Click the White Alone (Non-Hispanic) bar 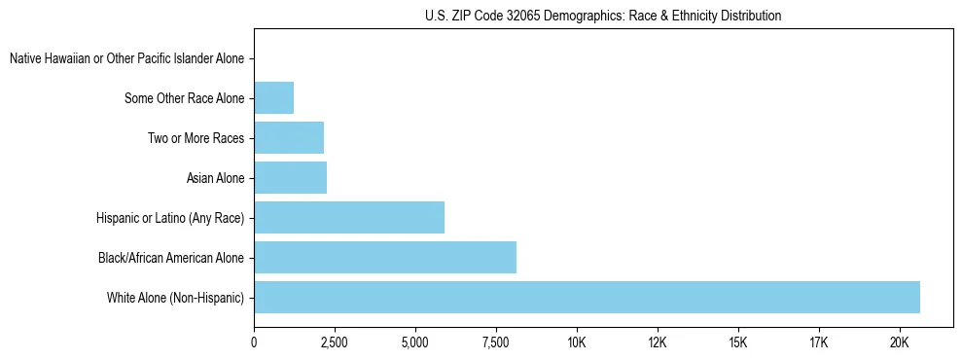click(x=587, y=297)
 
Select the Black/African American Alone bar click(x=385, y=257)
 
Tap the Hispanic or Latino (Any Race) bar click(x=349, y=217)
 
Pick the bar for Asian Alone click(x=291, y=177)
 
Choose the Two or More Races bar click(x=289, y=137)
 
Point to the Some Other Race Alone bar click(x=273, y=97)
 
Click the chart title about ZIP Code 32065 click(x=603, y=16)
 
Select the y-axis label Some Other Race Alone click(x=185, y=98)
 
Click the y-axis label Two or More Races click(x=196, y=138)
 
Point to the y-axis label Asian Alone click(x=215, y=178)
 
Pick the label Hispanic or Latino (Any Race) click(x=170, y=218)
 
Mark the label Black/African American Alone click(x=171, y=258)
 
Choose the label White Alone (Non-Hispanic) click(x=175, y=298)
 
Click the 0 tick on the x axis click(x=254, y=342)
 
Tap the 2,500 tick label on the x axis click(x=335, y=342)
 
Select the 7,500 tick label click(x=496, y=342)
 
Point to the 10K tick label click(x=577, y=342)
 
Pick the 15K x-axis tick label click(x=737, y=342)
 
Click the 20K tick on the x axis click(x=899, y=342)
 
